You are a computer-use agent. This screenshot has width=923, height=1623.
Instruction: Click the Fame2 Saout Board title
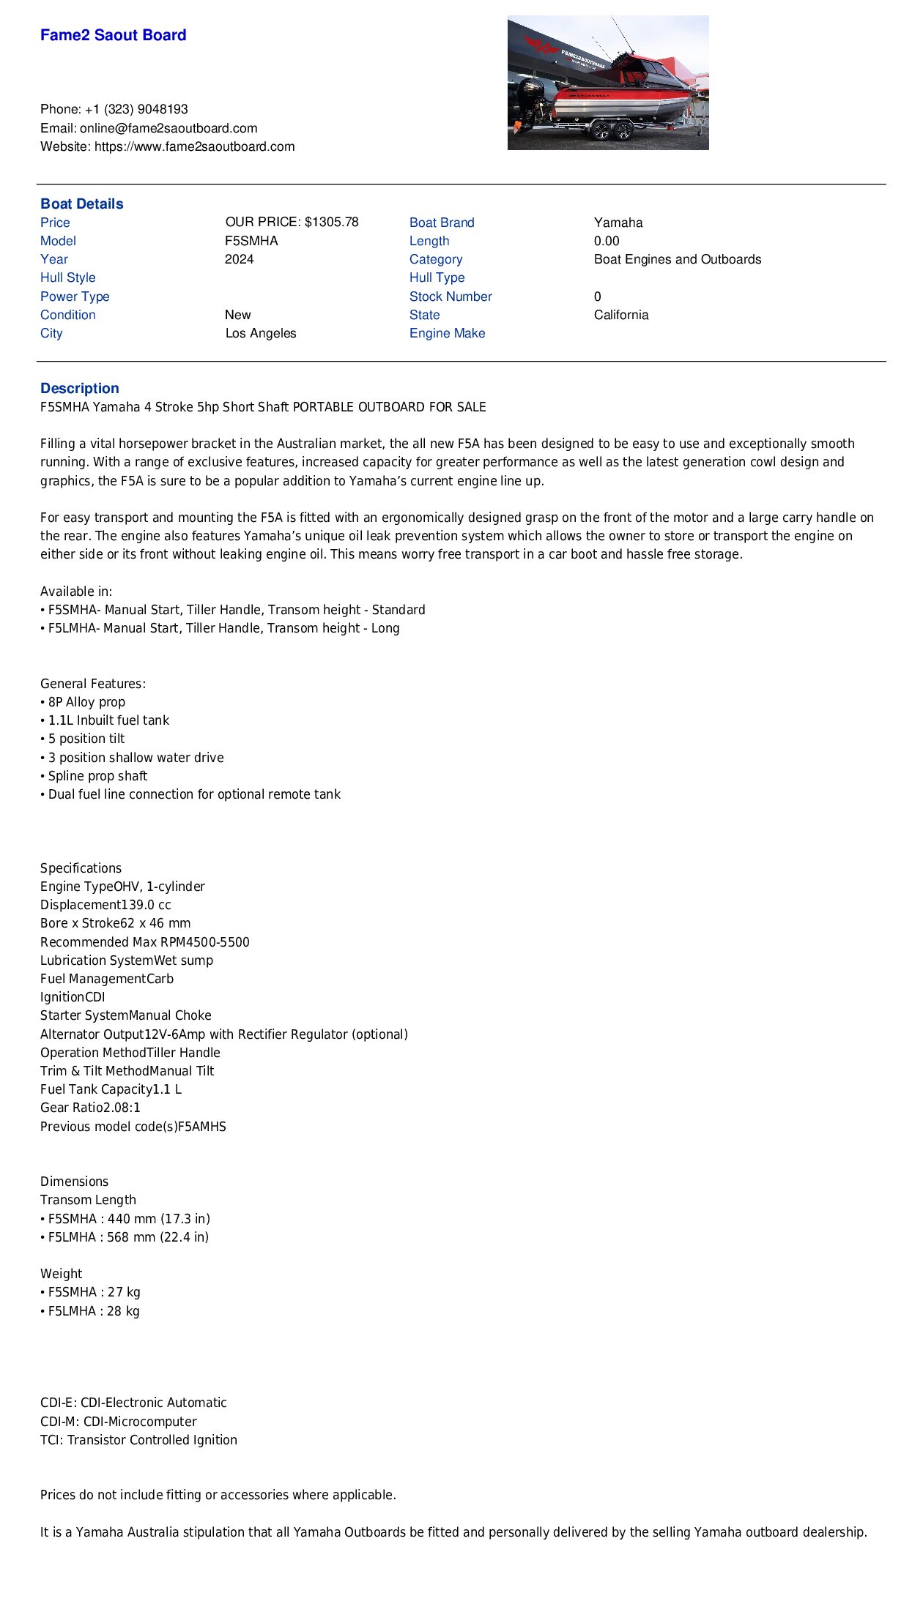[113, 35]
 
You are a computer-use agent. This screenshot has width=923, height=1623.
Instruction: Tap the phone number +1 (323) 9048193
[136, 109]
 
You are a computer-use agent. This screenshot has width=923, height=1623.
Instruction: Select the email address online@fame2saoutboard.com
[168, 128]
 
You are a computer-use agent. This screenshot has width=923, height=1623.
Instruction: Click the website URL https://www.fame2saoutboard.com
[194, 146]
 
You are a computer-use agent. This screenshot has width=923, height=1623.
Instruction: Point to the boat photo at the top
[608, 83]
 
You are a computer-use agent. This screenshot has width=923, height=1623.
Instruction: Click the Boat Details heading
[81, 204]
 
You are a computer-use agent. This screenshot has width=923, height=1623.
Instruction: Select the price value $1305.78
[331, 222]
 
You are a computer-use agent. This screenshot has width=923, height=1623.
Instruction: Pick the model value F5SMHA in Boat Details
[251, 241]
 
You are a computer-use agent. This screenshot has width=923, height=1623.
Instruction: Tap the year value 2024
[239, 259]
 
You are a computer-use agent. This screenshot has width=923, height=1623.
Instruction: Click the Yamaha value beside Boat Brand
[618, 223]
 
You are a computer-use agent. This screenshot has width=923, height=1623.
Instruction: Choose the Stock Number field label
[451, 296]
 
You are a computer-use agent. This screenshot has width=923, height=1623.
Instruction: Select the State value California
[621, 315]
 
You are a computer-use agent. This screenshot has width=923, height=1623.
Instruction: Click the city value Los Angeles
[261, 333]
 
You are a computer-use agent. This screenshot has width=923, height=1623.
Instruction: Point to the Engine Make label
[447, 333]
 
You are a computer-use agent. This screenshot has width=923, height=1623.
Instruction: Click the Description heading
[79, 388]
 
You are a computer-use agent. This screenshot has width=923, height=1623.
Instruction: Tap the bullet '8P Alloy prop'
[86, 702]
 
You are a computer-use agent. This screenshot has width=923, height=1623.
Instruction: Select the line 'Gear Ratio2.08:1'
[90, 1108]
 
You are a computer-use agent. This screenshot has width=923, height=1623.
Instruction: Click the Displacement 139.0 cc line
[105, 905]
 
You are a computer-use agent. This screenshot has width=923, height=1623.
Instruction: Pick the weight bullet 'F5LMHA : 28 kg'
[93, 1310]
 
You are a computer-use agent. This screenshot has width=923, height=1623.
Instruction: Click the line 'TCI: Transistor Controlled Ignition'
[138, 1440]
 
